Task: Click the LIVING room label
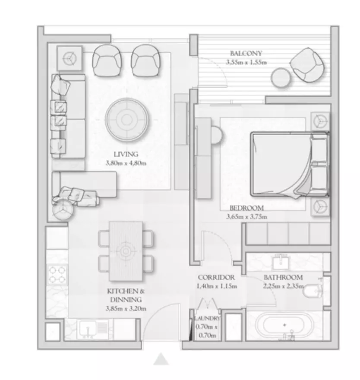click(126, 154)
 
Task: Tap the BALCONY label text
click(246, 53)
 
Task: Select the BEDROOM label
click(246, 208)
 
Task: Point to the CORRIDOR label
click(216, 277)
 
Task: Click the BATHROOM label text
click(283, 277)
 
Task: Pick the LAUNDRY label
click(207, 318)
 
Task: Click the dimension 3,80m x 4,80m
click(126, 163)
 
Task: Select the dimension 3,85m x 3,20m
click(126, 309)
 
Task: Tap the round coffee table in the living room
click(126, 120)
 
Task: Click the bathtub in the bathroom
click(284, 325)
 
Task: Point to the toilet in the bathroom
click(313, 290)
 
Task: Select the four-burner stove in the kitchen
click(57, 275)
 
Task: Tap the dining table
click(126, 251)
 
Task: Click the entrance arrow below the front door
click(161, 359)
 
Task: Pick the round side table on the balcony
click(281, 78)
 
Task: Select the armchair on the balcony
click(307, 65)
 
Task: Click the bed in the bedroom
click(290, 164)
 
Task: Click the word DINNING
click(126, 300)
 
